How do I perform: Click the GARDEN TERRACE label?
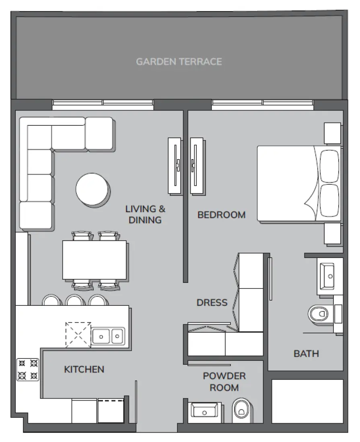pyautogui.click(x=179, y=61)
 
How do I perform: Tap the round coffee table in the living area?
pyautogui.click(x=93, y=189)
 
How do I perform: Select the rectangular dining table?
pyautogui.click(x=95, y=260)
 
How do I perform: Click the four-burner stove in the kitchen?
pyautogui.click(x=27, y=370)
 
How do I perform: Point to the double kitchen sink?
pyautogui.click(x=108, y=335)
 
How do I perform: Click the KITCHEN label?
pyautogui.click(x=84, y=369)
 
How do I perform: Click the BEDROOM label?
pyautogui.click(x=221, y=215)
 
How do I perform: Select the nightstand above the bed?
pyautogui.click(x=333, y=133)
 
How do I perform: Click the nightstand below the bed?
pyautogui.click(x=333, y=234)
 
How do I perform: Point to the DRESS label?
pyautogui.click(x=212, y=303)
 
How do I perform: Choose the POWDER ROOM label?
pyautogui.click(x=224, y=382)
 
